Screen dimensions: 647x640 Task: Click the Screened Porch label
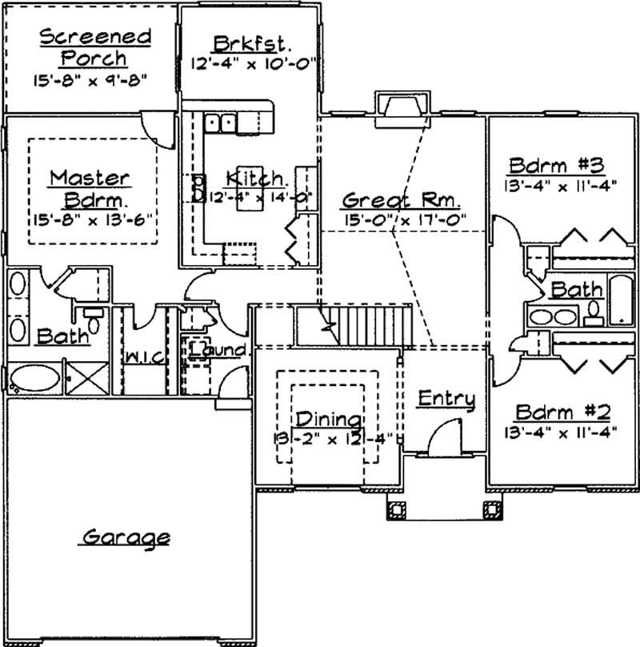pos(95,47)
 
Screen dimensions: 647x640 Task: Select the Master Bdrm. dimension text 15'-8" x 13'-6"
pos(94,217)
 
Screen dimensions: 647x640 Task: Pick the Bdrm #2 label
pos(562,412)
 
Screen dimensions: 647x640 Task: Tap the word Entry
pos(446,398)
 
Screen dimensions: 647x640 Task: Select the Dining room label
pos(328,419)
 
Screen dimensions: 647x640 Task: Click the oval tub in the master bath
pos(34,378)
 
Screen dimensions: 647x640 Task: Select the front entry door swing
pos(442,439)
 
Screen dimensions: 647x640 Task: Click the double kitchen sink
pos(220,123)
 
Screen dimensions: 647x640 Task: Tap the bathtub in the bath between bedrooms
pos(621,300)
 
